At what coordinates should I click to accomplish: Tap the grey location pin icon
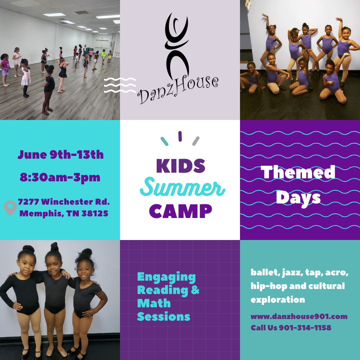pyautogui.click(x=10, y=208)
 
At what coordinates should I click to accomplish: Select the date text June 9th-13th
pyautogui.click(x=61, y=155)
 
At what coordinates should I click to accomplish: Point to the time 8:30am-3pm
pyautogui.click(x=60, y=177)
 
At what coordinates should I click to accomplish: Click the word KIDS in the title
pyautogui.click(x=180, y=166)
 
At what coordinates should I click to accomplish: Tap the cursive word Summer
pyautogui.click(x=183, y=187)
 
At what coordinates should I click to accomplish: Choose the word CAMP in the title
pyautogui.click(x=180, y=211)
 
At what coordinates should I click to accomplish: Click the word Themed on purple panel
pyautogui.click(x=298, y=172)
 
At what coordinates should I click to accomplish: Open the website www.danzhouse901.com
pyautogui.click(x=299, y=316)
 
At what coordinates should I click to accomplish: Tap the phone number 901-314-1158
pyautogui.click(x=305, y=328)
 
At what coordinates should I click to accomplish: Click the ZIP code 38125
pyautogui.click(x=95, y=214)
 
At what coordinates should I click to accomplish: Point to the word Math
pyautogui.click(x=154, y=303)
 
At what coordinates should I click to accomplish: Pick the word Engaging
pyautogui.click(x=166, y=277)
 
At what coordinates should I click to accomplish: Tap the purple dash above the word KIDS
pyautogui.click(x=180, y=136)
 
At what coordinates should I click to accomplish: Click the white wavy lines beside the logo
pyautogui.click(x=120, y=85)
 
